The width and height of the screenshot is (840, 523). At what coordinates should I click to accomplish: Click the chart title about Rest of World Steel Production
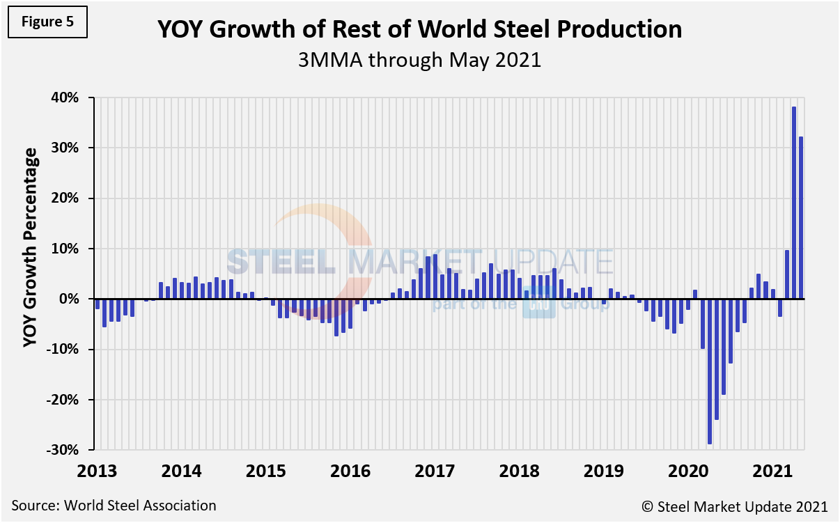pos(419,30)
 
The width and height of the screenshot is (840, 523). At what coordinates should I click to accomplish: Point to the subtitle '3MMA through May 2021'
pos(419,60)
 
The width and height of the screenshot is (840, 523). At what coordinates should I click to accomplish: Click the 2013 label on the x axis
pos(97,471)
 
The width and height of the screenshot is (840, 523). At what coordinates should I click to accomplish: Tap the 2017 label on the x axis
pos(435,471)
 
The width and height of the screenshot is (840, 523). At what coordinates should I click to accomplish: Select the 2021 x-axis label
pos(773,471)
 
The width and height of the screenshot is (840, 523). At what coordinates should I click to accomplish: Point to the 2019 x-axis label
pos(604,471)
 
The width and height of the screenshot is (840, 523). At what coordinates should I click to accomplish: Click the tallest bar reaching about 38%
pos(794,203)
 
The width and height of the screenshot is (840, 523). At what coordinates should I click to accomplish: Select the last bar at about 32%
pos(801,218)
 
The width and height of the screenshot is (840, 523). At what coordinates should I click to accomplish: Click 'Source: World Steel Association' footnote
pos(114,506)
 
